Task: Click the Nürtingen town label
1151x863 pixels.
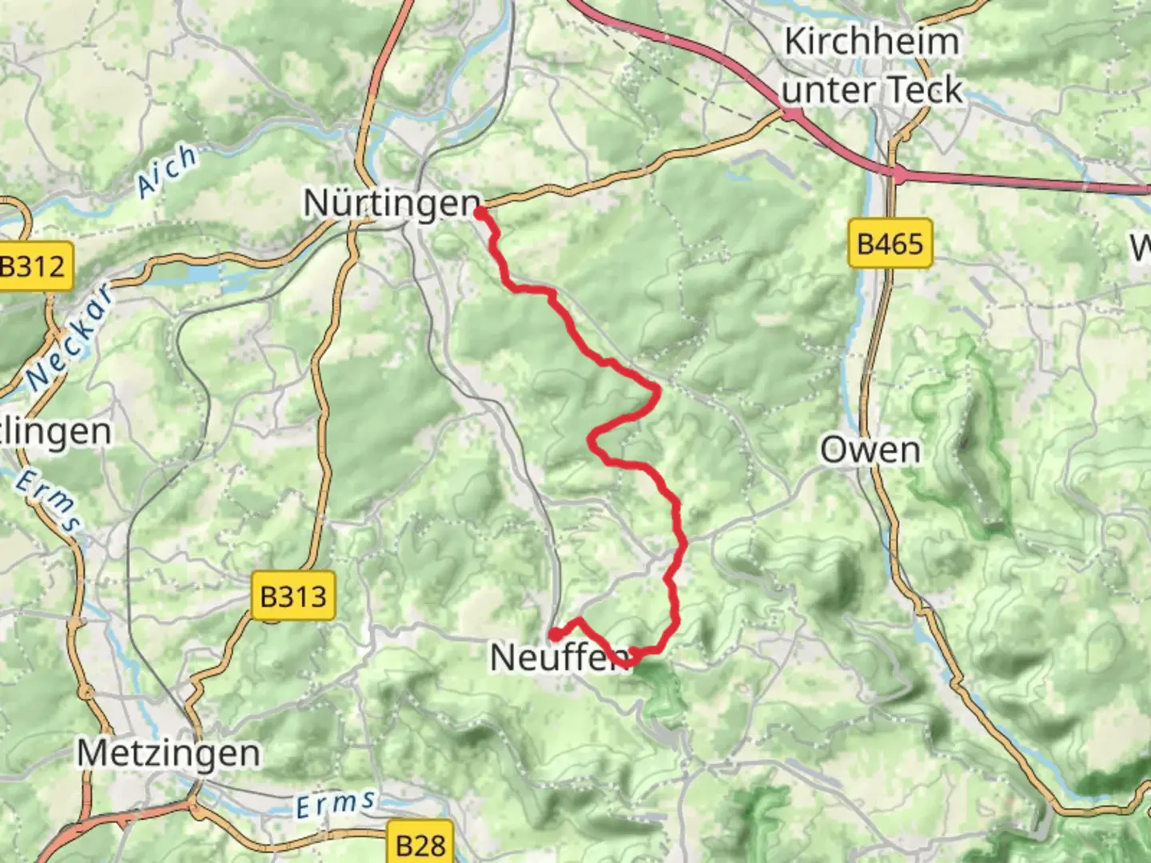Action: tap(391, 203)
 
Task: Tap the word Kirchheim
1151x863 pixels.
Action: tap(871, 42)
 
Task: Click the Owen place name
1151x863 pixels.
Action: tap(870, 451)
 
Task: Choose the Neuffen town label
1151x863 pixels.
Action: tap(558, 658)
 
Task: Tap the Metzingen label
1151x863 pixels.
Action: tap(169, 753)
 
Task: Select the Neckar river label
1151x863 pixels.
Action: tap(70, 337)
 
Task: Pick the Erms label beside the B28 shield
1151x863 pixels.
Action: tap(335, 804)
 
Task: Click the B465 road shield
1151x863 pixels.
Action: tap(890, 243)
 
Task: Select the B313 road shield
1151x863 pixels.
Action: tap(293, 596)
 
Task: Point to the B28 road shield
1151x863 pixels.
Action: tap(420, 844)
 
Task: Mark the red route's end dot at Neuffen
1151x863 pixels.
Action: tap(553, 634)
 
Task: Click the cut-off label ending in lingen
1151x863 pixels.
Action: tap(56, 431)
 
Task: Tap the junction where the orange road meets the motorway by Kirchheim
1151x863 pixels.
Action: tap(791, 114)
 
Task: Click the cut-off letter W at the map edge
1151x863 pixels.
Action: tap(1141, 249)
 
